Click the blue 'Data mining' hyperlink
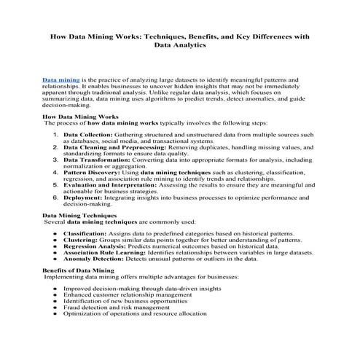[60, 79]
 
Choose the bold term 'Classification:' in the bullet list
[85, 233]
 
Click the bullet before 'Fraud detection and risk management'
[56, 308]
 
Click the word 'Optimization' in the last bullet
[82, 314]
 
